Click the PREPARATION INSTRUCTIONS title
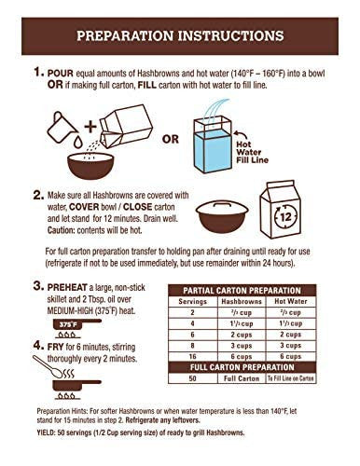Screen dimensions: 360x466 [x=180, y=35]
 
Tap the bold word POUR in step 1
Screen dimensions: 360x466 [x=61, y=74]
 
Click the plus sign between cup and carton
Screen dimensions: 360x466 [x=90, y=127]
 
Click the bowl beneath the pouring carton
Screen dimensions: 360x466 [x=90, y=166]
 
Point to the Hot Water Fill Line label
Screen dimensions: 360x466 [x=252, y=152]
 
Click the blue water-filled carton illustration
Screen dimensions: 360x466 [x=213, y=144]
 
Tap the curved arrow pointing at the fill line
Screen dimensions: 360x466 [x=241, y=135]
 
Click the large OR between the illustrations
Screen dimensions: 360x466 [x=171, y=139]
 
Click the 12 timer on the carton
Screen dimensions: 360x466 [x=285, y=216]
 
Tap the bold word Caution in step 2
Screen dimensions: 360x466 [x=61, y=230]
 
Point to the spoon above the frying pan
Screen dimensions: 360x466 [x=48, y=366]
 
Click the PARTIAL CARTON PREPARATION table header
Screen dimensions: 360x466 [x=242, y=291]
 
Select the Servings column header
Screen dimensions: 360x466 [x=192, y=301]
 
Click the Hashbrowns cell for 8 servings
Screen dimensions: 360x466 [x=242, y=346]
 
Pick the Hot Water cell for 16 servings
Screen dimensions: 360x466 [x=290, y=357]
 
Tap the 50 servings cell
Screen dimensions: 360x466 [x=192, y=378]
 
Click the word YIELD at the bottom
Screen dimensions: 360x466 [x=46, y=432]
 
